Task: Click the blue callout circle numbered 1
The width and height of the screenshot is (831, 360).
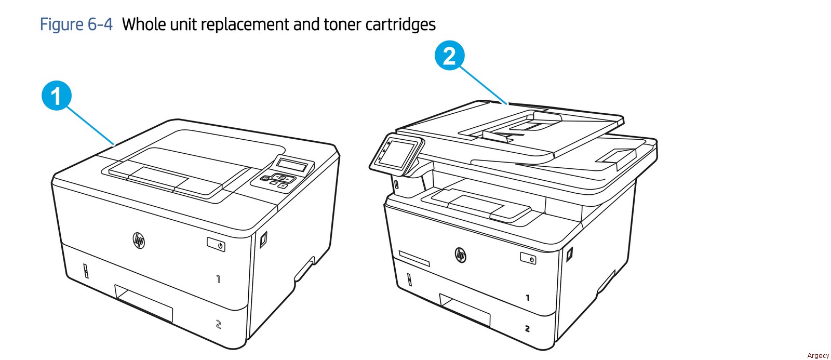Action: pyautogui.click(x=57, y=96)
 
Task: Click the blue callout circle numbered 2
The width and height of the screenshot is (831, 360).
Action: pyautogui.click(x=449, y=55)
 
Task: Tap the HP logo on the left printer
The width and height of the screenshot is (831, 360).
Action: pyautogui.click(x=139, y=241)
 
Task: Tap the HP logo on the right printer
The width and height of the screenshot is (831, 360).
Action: pyautogui.click(x=460, y=255)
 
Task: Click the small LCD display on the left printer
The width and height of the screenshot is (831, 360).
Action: pyautogui.click(x=292, y=165)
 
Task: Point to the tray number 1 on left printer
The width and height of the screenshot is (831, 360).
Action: pyautogui.click(x=219, y=279)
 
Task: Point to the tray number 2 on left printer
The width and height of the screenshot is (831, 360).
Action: pyautogui.click(x=219, y=324)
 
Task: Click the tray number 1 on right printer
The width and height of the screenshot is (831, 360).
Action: pyautogui.click(x=528, y=297)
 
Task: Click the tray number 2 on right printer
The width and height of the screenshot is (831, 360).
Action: pyautogui.click(x=527, y=328)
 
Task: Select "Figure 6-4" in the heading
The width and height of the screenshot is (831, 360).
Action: pyautogui.click(x=76, y=24)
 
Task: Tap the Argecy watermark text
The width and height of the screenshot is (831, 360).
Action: pyautogui.click(x=817, y=355)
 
